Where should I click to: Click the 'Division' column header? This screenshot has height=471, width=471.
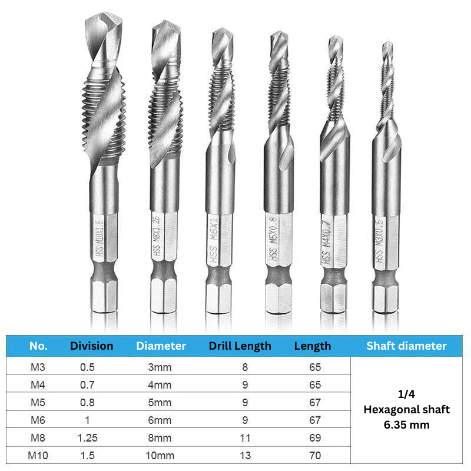click(x=92, y=346)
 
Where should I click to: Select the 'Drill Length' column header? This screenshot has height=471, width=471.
click(x=240, y=346)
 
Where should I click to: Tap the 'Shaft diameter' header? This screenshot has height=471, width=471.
click(x=406, y=346)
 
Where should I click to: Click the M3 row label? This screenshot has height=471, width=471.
click(x=38, y=367)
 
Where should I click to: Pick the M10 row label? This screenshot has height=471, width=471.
click(x=38, y=455)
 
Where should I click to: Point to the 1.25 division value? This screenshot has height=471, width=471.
click(x=87, y=437)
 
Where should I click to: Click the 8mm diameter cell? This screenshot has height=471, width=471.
click(x=160, y=437)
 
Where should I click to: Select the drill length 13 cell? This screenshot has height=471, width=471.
click(x=245, y=455)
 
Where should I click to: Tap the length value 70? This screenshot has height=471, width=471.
click(x=315, y=455)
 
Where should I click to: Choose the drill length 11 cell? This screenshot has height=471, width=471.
click(x=245, y=437)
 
